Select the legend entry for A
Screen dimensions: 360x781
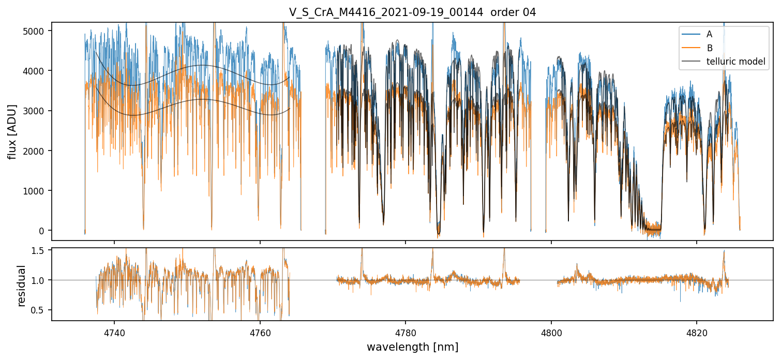(x=709, y=34)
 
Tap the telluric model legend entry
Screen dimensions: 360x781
(x=735, y=62)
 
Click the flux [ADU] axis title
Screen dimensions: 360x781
(x=11, y=131)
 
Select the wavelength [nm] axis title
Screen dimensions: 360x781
(x=412, y=347)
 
